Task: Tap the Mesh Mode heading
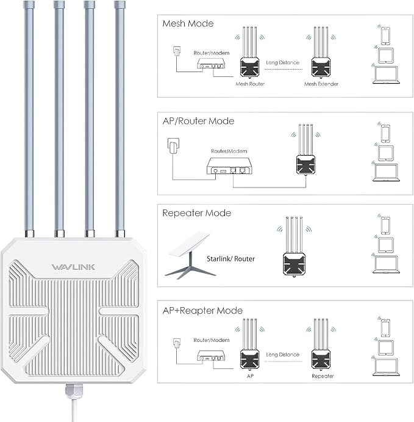pyautogui.click(x=188, y=23)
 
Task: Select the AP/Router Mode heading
pyautogui.click(x=198, y=121)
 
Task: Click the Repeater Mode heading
pyautogui.click(x=196, y=213)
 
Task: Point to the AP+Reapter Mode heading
pyautogui.click(x=202, y=310)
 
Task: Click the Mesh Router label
pyautogui.click(x=250, y=84)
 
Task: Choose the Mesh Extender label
pyautogui.click(x=321, y=84)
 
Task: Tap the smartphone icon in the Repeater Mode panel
pyautogui.click(x=385, y=225)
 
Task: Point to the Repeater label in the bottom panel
pyautogui.click(x=323, y=376)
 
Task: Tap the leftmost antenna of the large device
pyautogui.click(x=29, y=116)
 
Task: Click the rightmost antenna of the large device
pyautogui.click(x=120, y=116)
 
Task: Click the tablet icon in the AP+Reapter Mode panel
pyautogui.click(x=385, y=348)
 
